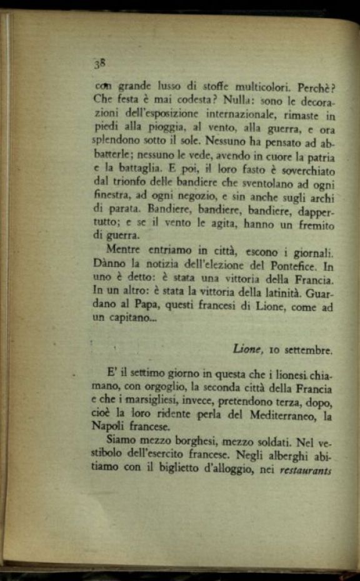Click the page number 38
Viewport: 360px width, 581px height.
(99, 63)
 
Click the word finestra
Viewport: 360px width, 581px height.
(112, 198)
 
